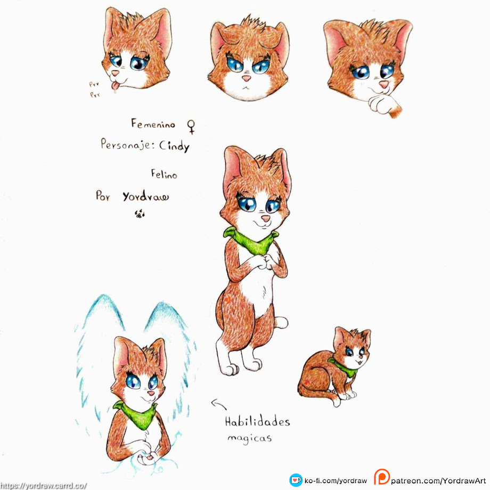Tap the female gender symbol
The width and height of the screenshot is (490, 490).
pos(191,127)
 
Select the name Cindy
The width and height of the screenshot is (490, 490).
pos(174,146)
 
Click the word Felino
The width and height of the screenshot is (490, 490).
pos(164,174)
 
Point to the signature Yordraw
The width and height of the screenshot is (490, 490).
pos(145,197)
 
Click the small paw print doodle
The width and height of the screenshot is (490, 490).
pos(140,214)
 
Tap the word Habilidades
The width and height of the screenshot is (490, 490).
pos(257,422)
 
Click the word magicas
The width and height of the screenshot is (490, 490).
pos(249,438)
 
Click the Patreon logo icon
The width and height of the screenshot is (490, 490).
pos(381,477)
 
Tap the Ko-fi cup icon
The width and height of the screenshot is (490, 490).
pos(296,480)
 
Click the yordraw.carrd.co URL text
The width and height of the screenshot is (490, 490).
pos(44,486)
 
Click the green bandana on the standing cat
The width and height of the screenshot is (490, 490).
pos(252,241)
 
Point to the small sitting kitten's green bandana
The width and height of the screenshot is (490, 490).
pos(344,367)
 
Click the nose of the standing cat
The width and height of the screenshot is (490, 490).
pos(266,218)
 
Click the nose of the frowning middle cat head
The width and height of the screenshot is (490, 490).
pos(246,78)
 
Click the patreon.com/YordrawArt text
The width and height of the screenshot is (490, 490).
pos(438,480)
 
